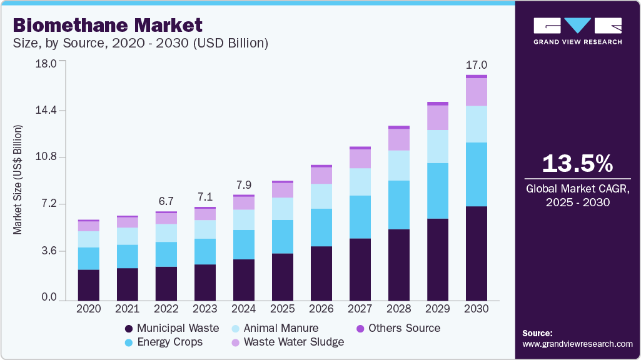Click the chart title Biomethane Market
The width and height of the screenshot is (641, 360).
point(107,25)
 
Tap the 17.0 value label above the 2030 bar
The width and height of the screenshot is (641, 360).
point(476,65)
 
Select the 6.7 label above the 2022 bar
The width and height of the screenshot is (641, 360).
point(166,201)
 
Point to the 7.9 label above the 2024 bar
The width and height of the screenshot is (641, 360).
point(243,185)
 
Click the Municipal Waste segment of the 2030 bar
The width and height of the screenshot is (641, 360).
point(476,252)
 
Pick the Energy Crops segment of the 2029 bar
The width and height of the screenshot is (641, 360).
point(437,191)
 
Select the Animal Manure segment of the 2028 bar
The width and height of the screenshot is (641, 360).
point(398,165)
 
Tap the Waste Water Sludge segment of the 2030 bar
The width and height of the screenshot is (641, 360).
point(476,92)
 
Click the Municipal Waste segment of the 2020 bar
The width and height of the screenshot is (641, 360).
point(88,285)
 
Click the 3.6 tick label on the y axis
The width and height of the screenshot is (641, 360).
point(49,251)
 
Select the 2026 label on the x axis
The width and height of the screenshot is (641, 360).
point(321,309)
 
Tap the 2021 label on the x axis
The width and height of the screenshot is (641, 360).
point(127,309)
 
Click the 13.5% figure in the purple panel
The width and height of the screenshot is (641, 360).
point(577,164)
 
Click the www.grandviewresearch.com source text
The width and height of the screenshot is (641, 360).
point(577,344)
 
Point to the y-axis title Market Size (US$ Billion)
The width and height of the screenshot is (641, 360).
point(18,179)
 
